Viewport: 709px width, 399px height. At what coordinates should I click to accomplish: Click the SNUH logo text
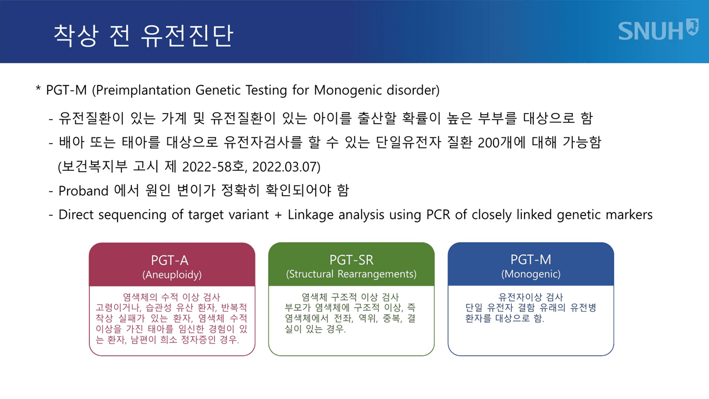651,31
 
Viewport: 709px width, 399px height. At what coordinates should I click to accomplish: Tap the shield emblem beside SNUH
692,27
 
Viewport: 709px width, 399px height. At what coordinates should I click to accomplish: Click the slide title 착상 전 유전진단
143,35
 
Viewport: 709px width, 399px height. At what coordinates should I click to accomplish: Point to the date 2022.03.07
286,167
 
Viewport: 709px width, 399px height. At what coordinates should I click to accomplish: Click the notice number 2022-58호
214,167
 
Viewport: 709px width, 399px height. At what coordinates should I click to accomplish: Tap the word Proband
84,191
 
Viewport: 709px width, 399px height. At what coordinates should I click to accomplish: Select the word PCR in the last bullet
438,214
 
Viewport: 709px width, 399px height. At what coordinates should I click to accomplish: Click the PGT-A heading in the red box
169,260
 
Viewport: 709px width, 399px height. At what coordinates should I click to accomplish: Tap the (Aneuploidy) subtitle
172,274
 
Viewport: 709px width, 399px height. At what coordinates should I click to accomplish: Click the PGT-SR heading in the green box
351,260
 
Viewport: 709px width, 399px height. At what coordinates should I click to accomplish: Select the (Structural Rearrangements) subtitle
351,274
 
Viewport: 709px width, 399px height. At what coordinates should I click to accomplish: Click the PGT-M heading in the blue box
531,260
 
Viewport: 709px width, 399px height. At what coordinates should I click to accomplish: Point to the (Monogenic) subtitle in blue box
531,274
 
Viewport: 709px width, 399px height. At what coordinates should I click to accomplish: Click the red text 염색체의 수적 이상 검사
172,297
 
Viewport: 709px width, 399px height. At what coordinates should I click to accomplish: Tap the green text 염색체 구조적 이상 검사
350,297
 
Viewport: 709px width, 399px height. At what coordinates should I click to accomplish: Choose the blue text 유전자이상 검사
531,297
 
